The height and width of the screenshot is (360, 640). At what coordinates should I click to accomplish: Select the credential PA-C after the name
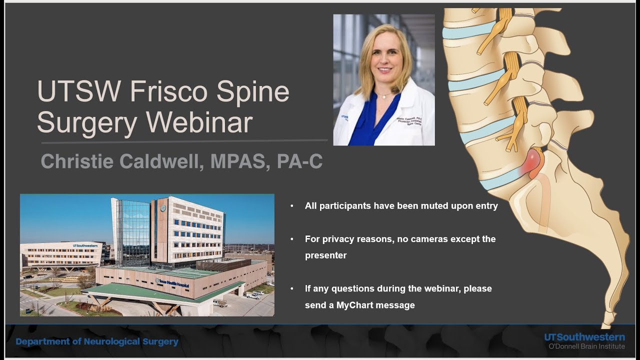299,161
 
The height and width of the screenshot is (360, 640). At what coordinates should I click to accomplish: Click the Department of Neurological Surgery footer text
97,342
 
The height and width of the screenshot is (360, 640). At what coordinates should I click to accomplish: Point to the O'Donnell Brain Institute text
586,346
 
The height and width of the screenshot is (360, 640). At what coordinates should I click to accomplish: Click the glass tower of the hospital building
132,230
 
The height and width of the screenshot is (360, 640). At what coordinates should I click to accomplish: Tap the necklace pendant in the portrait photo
380,96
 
